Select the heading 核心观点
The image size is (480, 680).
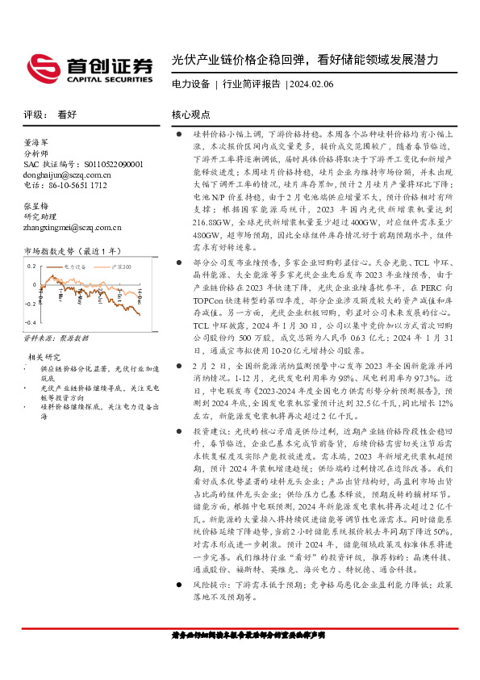pyautogui.click(x=191, y=115)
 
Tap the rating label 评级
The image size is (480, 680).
pyautogui.click(x=35, y=115)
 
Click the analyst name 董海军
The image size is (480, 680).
pyautogui.click(x=37, y=141)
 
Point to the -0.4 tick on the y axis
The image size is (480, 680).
pyautogui.click(x=31, y=321)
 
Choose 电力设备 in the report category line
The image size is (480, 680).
pyautogui.click(x=191, y=84)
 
